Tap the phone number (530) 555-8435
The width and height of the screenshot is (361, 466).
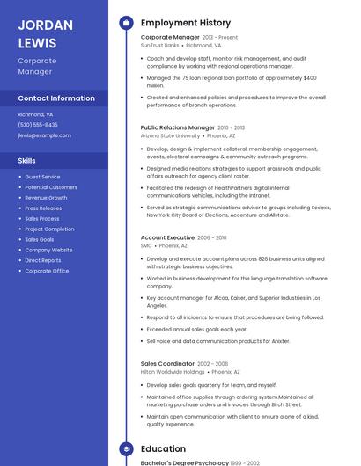point(38,125)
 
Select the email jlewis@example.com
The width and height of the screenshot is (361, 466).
point(44,135)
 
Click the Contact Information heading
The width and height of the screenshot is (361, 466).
point(56,98)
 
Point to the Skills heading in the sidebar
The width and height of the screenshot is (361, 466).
point(27,161)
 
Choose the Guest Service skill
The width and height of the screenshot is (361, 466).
point(42,177)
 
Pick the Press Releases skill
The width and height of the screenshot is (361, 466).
point(43,208)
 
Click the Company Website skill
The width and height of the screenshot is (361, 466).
point(48,250)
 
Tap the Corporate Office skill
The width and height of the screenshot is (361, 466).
point(47,271)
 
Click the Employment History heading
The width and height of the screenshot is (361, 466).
point(186,23)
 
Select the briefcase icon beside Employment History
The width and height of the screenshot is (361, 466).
point(126,23)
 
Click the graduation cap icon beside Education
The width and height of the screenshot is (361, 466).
point(126,448)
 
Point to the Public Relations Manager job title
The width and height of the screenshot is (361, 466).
point(178,127)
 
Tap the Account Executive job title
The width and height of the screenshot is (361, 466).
point(167,237)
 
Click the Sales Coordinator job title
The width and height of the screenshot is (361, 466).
point(167,363)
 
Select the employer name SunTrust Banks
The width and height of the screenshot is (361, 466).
point(159,45)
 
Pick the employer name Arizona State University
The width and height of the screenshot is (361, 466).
point(170,136)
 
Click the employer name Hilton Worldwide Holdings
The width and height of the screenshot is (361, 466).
point(173,372)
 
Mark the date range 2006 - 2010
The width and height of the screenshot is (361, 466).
point(212,237)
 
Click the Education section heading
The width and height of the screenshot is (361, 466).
point(163,448)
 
